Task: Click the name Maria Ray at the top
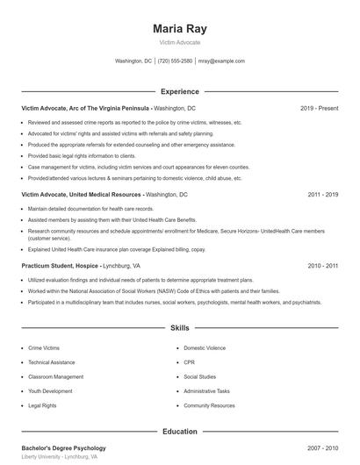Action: (x=180, y=28)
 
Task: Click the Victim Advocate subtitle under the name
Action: (x=180, y=42)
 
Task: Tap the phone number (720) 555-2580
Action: (x=176, y=61)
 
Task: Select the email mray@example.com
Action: (x=222, y=61)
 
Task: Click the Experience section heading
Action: (x=179, y=91)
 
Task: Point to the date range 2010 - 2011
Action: (x=323, y=265)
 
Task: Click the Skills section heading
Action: (x=179, y=327)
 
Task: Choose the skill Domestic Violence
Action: (x=205, y=347)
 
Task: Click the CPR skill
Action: (x=189, y=362)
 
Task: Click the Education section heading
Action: (x=179, y=432)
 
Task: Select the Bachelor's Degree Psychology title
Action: (x=63, y=448)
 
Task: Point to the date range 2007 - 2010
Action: (x=323, y=448)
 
